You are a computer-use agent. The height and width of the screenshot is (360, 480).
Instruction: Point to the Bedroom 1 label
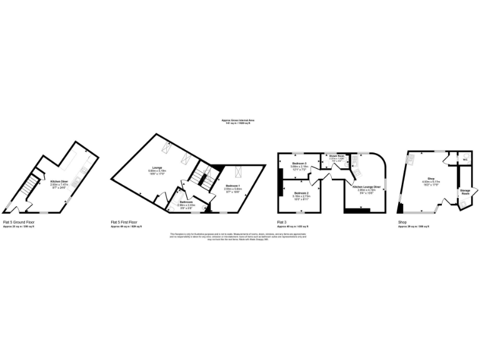232,186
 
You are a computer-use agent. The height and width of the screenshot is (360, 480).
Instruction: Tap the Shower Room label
337,156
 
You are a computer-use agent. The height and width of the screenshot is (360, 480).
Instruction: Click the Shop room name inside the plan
431,177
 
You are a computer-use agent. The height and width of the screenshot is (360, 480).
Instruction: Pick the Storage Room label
465,192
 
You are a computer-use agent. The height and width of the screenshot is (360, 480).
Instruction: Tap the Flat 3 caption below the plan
282,222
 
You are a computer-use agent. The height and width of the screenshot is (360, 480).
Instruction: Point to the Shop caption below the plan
402,222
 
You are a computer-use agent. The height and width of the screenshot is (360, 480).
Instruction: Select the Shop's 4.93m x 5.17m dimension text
431,180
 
